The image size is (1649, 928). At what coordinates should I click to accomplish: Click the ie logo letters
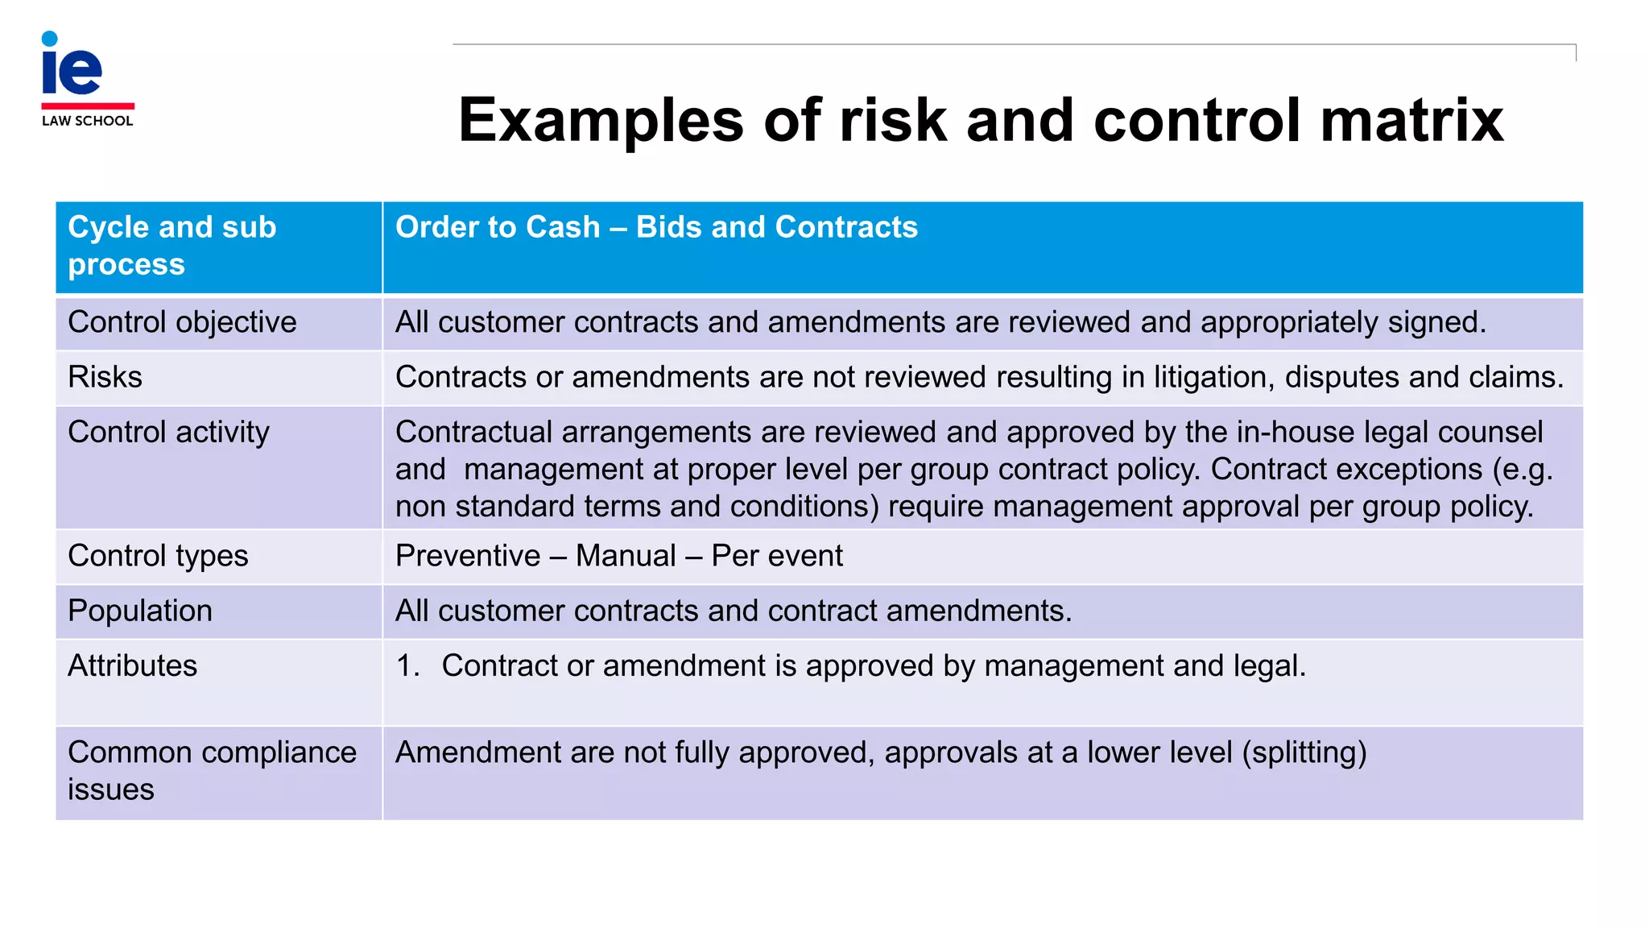pos(72,68)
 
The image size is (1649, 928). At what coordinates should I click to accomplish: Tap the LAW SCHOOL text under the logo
pos(87,121)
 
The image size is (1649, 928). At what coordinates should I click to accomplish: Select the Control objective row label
pos(182,322)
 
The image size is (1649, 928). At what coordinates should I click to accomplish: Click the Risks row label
pos(105,377)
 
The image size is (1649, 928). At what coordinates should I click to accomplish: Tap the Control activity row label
pos(168,432)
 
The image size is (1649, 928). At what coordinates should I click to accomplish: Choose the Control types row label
pos(158,556)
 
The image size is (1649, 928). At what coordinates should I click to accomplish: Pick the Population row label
pos(140,611)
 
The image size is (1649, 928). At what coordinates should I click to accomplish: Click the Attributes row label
pos(132,665)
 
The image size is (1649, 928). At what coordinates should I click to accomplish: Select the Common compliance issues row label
pos(212,770)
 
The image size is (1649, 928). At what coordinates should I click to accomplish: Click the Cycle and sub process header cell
pos(172,245)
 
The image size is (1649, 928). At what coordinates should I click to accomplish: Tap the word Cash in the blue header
pos(560,227)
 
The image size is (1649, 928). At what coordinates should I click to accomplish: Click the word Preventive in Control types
pos(468,556)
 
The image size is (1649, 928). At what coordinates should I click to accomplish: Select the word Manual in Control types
pos(626,556)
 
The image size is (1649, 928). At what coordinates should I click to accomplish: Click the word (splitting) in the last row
pos(1304,752)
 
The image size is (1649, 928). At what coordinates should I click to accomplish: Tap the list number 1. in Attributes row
pos(408,665)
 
